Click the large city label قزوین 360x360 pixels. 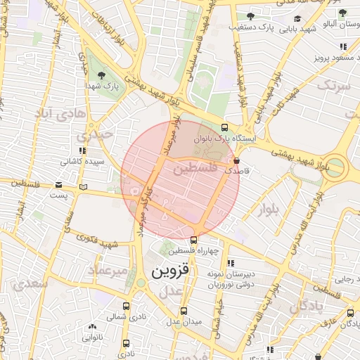[167, 270]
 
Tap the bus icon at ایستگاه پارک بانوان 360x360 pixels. [224, 128]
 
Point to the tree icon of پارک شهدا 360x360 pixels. [103, 75]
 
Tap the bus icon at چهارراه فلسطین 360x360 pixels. [193, 240]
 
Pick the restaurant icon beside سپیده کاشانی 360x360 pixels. [83, 150]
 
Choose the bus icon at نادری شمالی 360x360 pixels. [127, 306]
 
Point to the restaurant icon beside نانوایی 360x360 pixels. [92, 327]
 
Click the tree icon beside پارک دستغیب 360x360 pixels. [251, 15]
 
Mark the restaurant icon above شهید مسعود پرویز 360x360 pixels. [342, 46]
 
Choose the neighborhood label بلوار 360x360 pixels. [268, 209]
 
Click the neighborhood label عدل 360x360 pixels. [170, 291]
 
